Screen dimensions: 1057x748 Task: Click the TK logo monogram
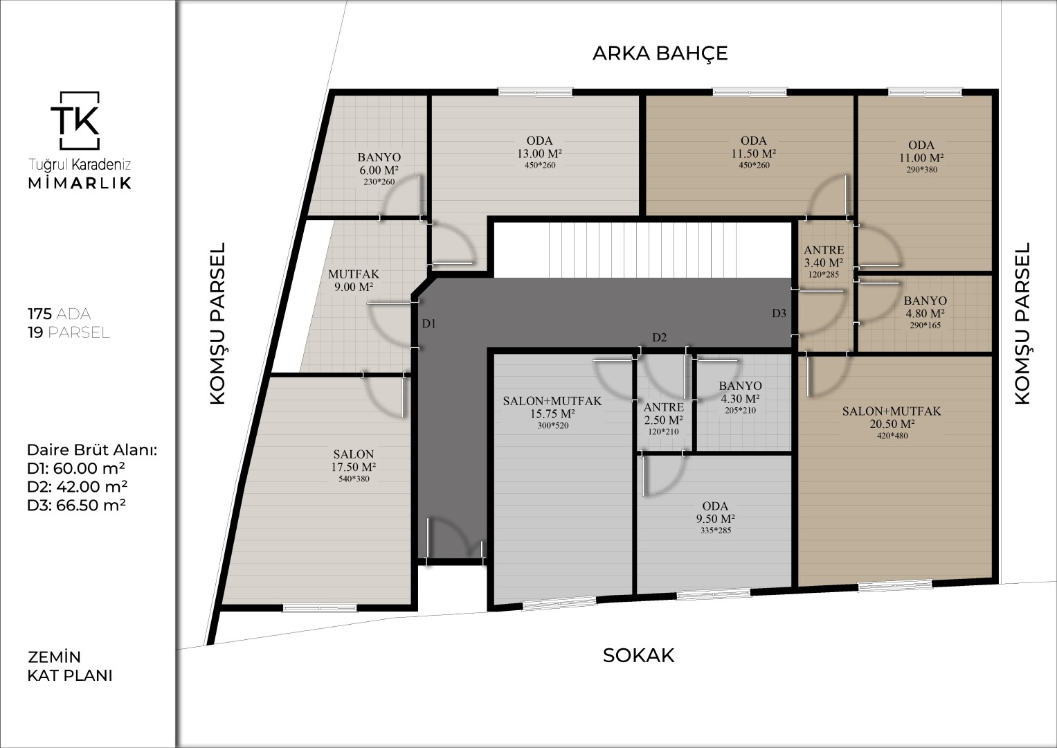(75, 121)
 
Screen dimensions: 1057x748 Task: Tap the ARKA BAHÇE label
(660, 53)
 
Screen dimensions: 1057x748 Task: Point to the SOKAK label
(638, 655)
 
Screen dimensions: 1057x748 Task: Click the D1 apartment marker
(428, 323)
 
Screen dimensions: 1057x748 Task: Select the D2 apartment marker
(659, 337)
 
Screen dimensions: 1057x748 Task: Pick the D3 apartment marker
(779, 313)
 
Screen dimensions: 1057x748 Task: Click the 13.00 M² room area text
(539, 154)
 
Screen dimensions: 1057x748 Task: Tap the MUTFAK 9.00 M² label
(354, 280)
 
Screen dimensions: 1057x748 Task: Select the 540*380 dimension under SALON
(354, 479)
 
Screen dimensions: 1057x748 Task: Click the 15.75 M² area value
(552, 413)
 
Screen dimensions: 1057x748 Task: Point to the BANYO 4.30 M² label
(740, 392)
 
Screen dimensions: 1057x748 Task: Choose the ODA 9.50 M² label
(715, 513)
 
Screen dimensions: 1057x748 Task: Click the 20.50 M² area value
(892, 424)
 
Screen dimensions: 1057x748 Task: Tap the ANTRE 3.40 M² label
(824, 256)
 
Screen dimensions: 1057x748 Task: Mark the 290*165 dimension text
(925, 326)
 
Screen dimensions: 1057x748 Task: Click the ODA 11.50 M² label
(754, 147)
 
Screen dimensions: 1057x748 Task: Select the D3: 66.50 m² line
(76, 506)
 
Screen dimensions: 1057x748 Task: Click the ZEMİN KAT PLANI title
(70, 666)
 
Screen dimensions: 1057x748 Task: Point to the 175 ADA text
(60, 314)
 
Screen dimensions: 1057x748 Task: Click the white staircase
(642, 250)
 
